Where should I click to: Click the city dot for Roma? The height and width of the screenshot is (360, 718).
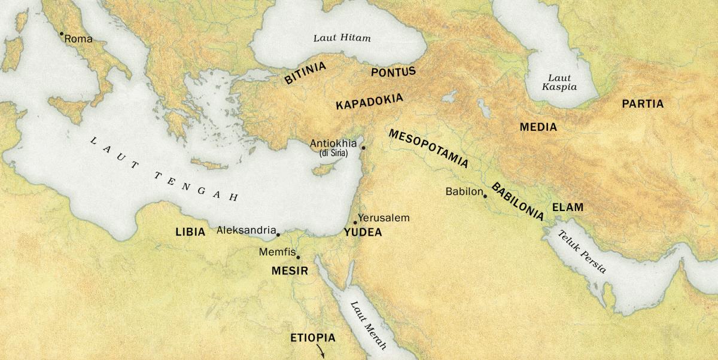click(61, 34)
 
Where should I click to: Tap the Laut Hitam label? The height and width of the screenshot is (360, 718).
click(342, 38)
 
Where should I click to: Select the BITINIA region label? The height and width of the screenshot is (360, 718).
click(305, 73)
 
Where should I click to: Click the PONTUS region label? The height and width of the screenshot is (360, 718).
click(393, 72)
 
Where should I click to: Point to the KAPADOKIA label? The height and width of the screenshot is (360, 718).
click(369, 101)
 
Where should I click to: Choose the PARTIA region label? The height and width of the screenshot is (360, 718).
click(643, 103)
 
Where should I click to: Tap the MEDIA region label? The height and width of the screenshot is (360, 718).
click(538, 127)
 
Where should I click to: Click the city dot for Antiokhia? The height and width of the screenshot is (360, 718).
click(363, 147)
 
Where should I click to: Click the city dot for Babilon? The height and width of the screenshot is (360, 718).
click(485, 196)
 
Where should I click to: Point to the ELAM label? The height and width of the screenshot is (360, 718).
click(567, 208)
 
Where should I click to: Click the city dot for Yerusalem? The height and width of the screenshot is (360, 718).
click(355, 222)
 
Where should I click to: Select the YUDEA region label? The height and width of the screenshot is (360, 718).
click(363, 233)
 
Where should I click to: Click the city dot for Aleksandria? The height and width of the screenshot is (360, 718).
click(278, 234)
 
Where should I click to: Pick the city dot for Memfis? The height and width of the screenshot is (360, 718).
click(298, 257)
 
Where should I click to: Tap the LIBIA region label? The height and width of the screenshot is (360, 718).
click(190, 231)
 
